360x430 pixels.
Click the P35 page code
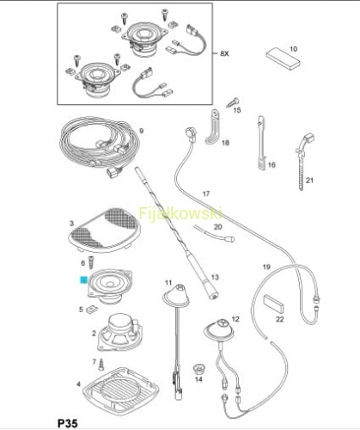(68, 423)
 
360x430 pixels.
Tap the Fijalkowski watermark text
(180, 214)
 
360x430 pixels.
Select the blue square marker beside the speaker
(84, 279)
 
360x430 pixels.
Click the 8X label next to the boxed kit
(225, 53)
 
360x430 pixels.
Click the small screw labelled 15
(233, 102)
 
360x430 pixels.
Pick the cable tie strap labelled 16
(260, 143)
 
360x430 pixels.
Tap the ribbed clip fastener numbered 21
(304, 162)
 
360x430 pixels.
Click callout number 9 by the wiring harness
(141, 131)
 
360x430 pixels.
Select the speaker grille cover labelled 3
(105, 230)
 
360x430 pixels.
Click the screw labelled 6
(91, 262)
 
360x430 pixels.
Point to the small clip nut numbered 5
(92, 310)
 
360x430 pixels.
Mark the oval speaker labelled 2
(119, 332)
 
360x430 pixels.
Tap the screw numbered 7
(101, 364)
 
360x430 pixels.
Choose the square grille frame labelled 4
(121, 388)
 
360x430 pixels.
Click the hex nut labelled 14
(198, 369)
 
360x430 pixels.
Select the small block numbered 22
(274, 304)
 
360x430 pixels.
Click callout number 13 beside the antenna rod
(215, 277)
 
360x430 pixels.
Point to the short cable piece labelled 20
(214, 233)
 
